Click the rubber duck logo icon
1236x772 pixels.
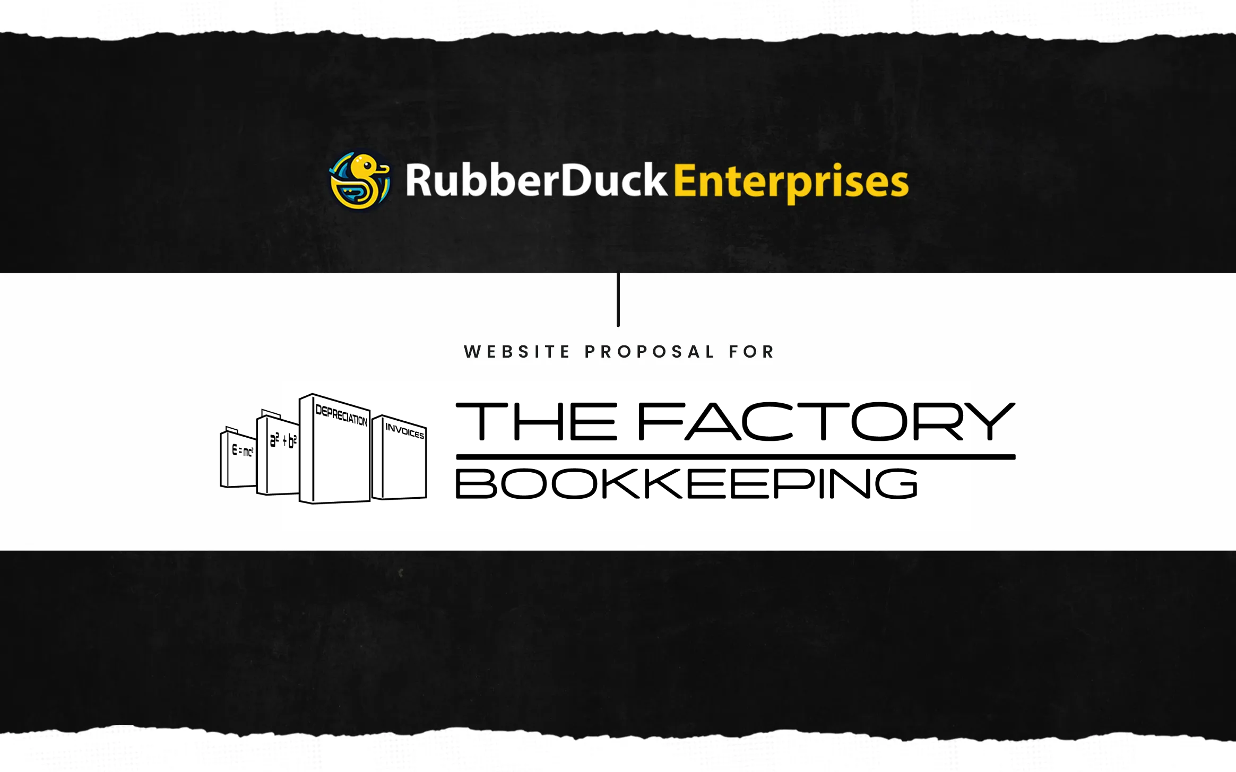360,181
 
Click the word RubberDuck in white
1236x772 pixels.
535,180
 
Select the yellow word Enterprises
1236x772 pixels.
791,182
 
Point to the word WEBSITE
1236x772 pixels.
517,352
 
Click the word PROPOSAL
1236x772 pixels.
650,352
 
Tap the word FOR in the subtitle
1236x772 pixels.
751,352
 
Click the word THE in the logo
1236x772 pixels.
537,422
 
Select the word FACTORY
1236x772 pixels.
826,422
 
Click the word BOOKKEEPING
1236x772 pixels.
686,483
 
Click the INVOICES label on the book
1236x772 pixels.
404,430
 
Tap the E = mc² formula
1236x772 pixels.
243,451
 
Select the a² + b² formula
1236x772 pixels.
283,440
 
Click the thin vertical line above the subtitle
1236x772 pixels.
618,300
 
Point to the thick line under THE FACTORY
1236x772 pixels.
735,457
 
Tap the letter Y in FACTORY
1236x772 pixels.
990,422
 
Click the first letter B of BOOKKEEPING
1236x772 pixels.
476,483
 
